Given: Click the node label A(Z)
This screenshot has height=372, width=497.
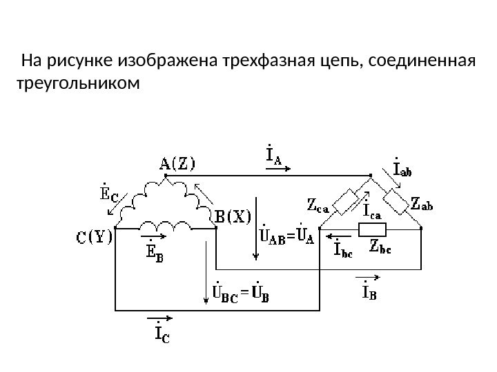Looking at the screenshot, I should click(x=177, y=164).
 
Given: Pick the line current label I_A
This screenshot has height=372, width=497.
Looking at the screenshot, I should click(x=274, y=156).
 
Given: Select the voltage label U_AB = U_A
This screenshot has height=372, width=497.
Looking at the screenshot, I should click(x=286, y=237).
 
